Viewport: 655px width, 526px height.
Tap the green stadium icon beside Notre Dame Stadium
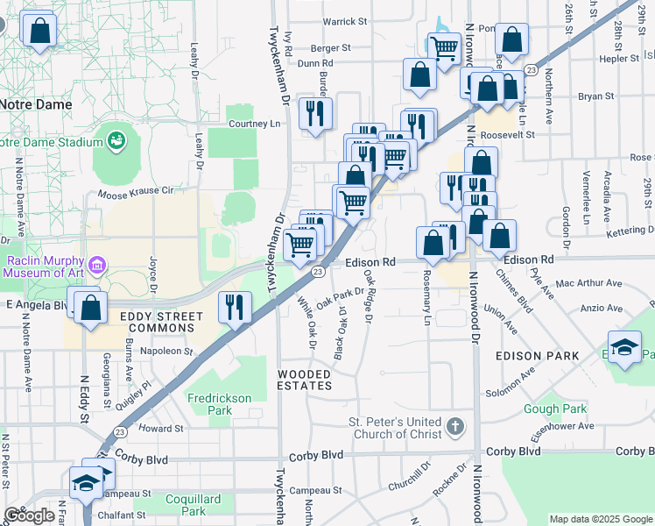pos(116,139)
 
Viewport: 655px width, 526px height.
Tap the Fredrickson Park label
pos(219,404)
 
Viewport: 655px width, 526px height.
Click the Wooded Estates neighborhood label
pos(305,380)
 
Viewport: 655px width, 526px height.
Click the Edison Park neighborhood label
pos(537,356)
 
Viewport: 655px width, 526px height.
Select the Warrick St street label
pos(344,21)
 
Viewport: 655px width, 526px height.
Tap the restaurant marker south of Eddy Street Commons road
pos(234,306)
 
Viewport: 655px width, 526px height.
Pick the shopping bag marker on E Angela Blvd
pos(90,308)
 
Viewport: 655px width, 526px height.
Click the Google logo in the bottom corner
pos(30,515)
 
